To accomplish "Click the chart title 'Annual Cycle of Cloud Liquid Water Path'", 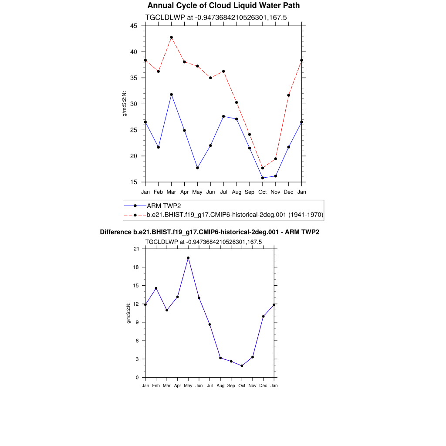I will tap(223, 6).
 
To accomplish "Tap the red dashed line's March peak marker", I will tap(171, 37).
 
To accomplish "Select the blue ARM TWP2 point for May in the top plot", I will tap(197, 168).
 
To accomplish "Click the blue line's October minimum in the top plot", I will tap(263, 178).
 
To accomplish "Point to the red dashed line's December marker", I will tap(289, 95).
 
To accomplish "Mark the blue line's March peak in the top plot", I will tap(171, 95).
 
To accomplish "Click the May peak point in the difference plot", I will tap(188, 258).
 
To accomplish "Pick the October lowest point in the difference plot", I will tap(242, 366).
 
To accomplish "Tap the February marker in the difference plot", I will tap(156, 288).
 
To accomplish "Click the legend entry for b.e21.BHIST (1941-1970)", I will tap(235, 215).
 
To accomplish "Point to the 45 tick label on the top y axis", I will tap(134, 26).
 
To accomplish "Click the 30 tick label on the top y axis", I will tap(134, 104).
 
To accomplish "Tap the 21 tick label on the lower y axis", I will tap(136, 249).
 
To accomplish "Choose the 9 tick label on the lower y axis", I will tap(137, 322).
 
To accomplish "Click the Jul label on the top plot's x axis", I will tap(223, 192).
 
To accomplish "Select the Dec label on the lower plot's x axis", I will tap(263, 385).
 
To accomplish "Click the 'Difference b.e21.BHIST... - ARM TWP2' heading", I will tap(209, 232).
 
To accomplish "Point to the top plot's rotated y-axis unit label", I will tap(125, 104).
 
